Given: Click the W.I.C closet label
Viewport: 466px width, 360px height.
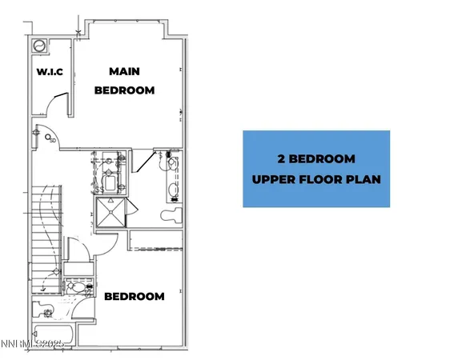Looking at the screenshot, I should pyautogui.click(x=50, y=72).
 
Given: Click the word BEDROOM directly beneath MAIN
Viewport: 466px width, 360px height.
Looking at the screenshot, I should pyautogui.click(x=124, y=90).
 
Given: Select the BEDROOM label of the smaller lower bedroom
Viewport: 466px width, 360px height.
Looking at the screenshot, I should pyautogui.click(x=135, y=297).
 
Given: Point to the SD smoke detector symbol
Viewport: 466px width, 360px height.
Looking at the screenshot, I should pyautogui.click(x=53, y=142).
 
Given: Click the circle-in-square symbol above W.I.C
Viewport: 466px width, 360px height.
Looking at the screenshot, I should pyautogui.click(x=39, y=46).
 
